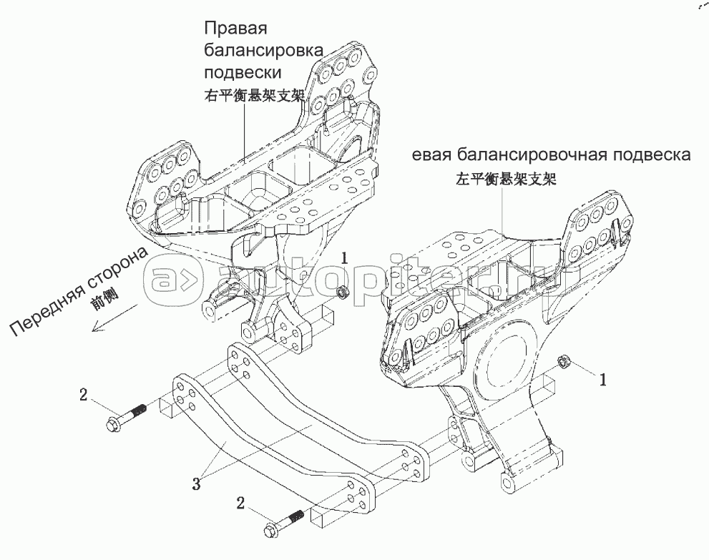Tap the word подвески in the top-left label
point(243,73)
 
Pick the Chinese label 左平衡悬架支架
point(505,180)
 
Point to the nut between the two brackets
point(343,291)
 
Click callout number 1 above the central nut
point(344,259)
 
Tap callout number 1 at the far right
point(602,381)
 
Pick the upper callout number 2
point(84,393)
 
